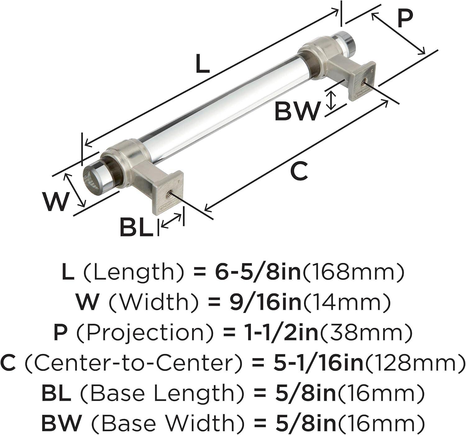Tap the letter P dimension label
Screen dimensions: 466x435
point(405,20)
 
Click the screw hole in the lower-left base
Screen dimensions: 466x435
point(169,194)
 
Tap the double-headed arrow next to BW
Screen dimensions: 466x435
point(331,100)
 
